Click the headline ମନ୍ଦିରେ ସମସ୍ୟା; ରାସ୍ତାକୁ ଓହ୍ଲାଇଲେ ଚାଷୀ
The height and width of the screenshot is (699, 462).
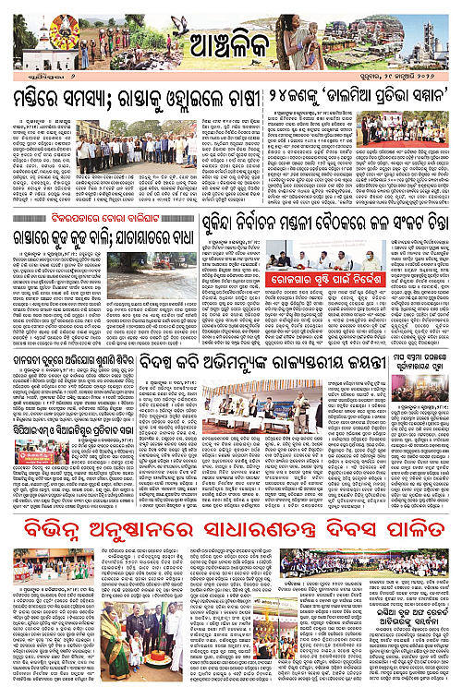coord(116,101)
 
